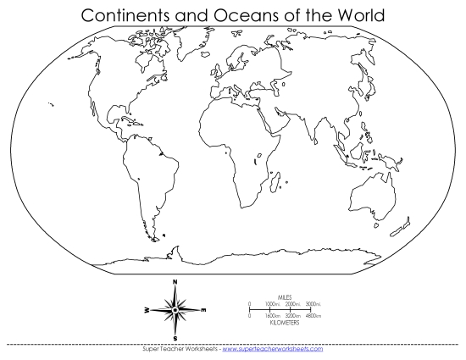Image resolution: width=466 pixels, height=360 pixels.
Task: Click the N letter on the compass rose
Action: click(x=175, y=281)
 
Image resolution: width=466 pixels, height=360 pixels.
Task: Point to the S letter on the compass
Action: click(x=175, y=339)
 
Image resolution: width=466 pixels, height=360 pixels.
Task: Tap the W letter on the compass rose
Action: click(x=145, y=311)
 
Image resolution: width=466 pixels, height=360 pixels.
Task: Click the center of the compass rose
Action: click(x=175, y=311)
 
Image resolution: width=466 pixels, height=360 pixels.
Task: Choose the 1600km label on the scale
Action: click(x=272, y=316)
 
